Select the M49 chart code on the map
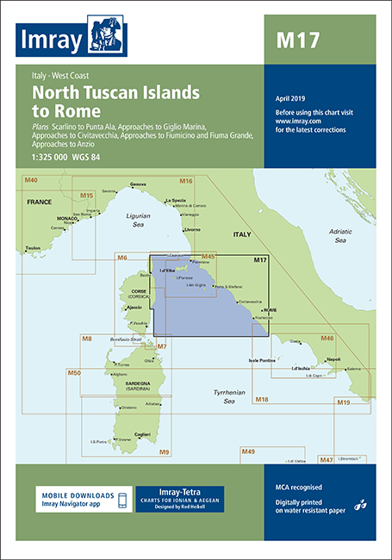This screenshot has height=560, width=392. [248, 451]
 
